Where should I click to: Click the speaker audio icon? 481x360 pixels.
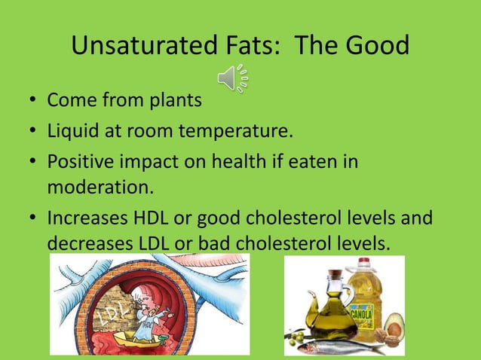(234, 78)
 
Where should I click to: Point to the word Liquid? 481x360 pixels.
(72, 132)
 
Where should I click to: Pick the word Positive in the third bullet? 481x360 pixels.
(80, 163)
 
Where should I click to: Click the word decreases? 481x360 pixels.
(87, 243)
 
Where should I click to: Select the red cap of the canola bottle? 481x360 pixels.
(364, 263)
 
